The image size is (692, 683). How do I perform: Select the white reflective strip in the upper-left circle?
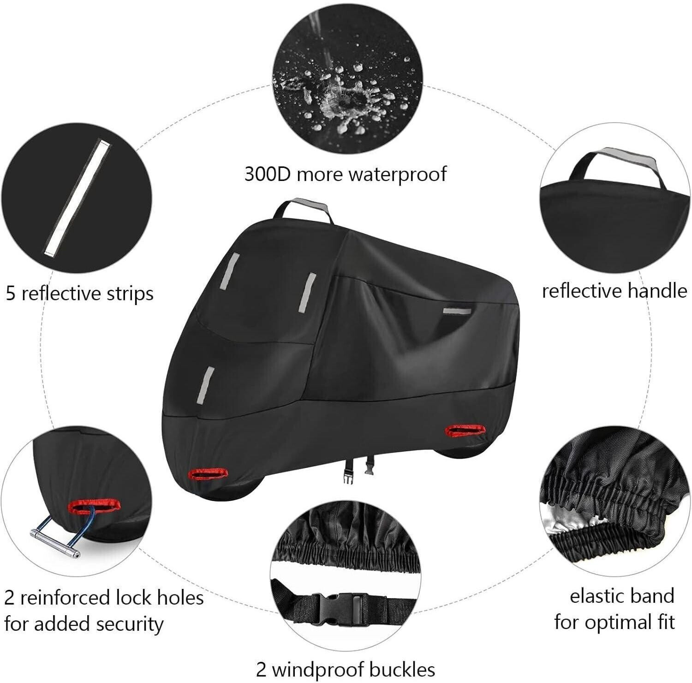pyautogui.click(x=78, y=198)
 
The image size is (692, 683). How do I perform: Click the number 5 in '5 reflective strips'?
pyautogui.click(x=11, y=293)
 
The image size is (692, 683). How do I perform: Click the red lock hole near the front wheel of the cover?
pyautogui.click(x=209, y=473)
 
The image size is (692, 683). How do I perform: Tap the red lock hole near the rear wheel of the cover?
pyautogui.click(x=466, y=431)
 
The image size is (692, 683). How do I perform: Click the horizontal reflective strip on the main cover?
pyautogui.click(x=457, y=311)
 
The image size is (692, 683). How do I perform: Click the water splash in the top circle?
pyautogui.click(x=342, y=92)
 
